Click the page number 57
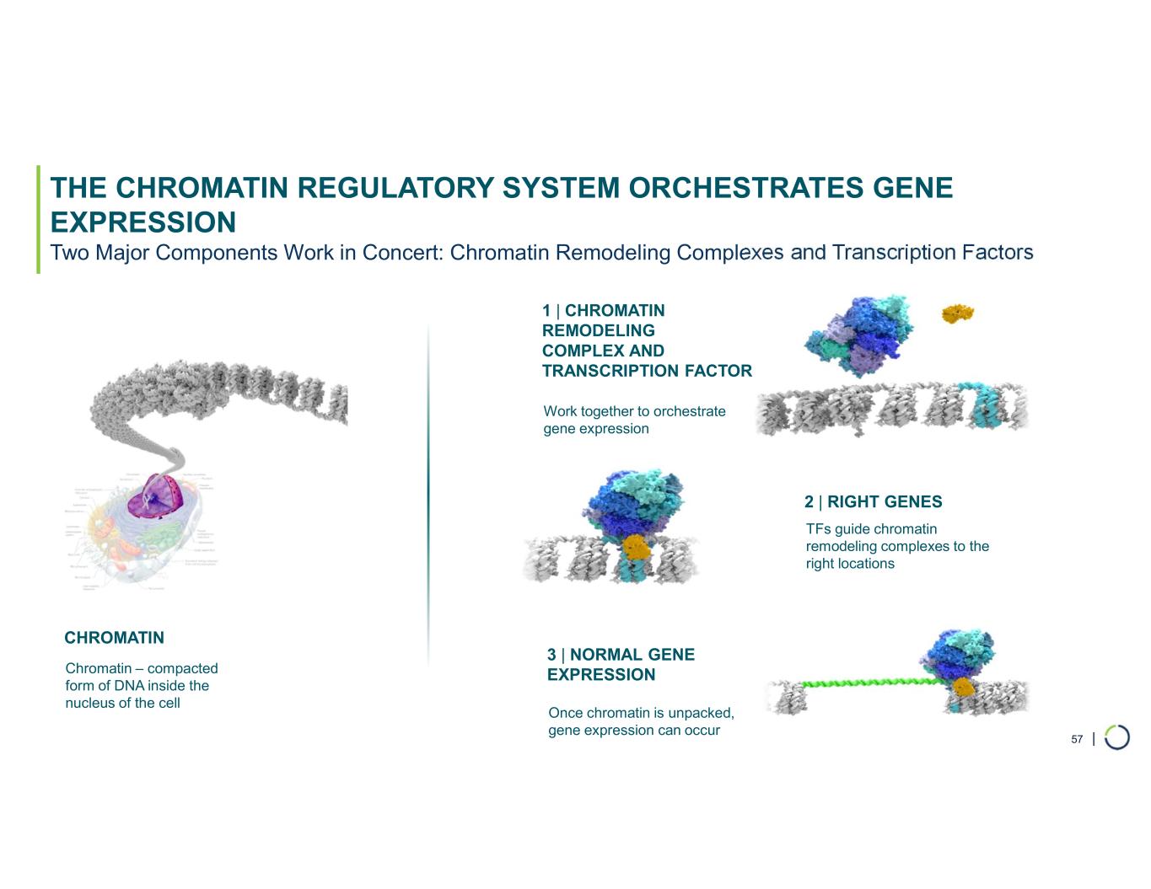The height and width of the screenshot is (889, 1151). (x=1077, y=739)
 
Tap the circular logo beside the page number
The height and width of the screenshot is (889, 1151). (x=1116, y=737)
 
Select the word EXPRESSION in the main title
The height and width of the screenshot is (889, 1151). (x=143, y=222)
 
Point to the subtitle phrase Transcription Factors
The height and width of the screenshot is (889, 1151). (x=932, y=252)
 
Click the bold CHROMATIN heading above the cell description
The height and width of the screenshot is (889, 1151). (x=114, y=638)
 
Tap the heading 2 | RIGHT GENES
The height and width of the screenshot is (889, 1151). (x=873, y=502)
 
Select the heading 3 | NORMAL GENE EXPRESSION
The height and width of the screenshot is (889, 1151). (x=621, y=664)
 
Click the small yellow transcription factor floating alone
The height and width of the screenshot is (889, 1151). (x=957, y=313)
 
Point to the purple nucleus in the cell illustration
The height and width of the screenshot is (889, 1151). (x=155, y=495)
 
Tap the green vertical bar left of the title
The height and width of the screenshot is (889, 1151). (x=38, y=219)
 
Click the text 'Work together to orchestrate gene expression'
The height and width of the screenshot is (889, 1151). (x=634, y=420)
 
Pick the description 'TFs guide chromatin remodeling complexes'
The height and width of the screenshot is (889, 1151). (x=896, y=546)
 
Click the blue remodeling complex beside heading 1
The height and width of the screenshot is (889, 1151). (x=858, y=335)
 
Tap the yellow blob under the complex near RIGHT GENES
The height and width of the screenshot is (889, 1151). (x=636, y=549)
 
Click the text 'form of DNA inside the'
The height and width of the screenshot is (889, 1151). (x=137, y=686)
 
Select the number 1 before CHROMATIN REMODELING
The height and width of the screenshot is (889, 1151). (x=546, y=311)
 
